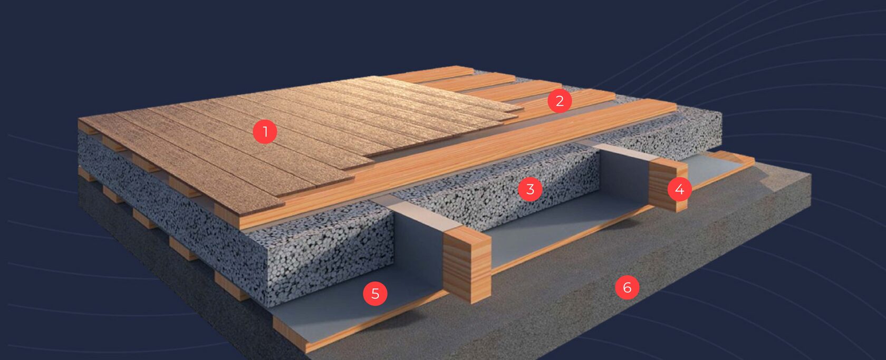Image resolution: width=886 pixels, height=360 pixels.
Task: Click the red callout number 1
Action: point(265,132)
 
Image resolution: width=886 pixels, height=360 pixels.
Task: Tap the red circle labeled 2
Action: point(559,101)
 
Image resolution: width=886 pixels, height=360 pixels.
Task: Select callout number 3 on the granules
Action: point(530,189)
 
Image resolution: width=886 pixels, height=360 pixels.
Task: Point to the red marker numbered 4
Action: point(679,189)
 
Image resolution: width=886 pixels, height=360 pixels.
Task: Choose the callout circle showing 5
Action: point(375,294)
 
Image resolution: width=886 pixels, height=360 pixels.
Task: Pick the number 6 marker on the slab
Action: point(627,287)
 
